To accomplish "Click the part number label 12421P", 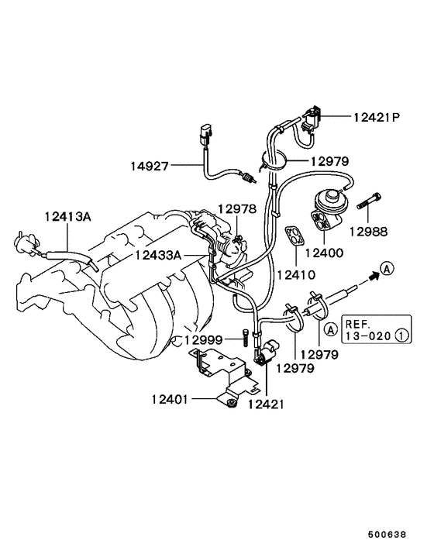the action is pyautogui.click(x=377, y=117).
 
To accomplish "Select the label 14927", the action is pyautogui.click(x=150, y=167).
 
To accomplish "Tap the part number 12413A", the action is pyautogui.click(x=67, y=217).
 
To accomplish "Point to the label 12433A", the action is pyautogui.click(x=158, y=256).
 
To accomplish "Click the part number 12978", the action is pyautogui.click(x=237, y=208).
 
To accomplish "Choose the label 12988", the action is pyautogui.click(x=368, y=232).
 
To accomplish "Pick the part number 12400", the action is pyautogui.click(x=324, y=253).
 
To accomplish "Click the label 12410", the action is pyautogui.click(x=296, y=275).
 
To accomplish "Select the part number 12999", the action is pyautogui.click(x=203, y=339).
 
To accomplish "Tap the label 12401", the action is pyautogui.click(x=170, y=399).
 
